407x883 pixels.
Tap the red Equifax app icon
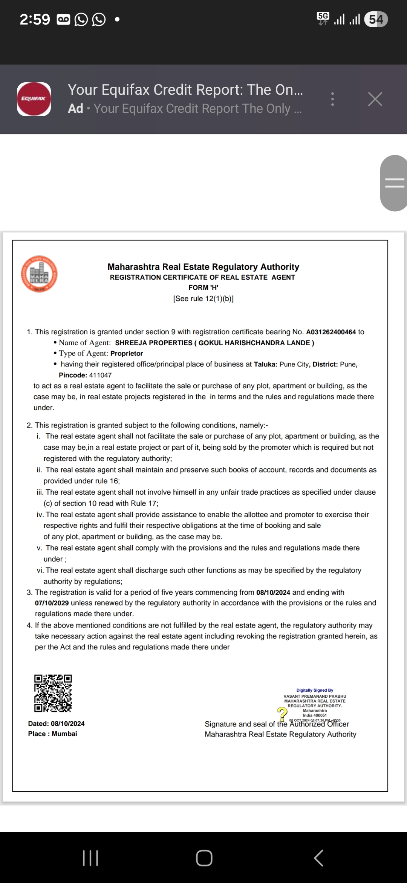click(34, 99)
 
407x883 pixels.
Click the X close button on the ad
click(375, 99)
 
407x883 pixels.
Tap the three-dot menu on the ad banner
click(332, 99)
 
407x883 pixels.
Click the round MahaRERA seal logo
click(39, 274)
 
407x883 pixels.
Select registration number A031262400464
click(331, 332)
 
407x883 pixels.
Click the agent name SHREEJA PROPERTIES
click(154, 343)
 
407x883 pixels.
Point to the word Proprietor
click(127, 354)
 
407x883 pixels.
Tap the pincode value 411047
click(100, 375)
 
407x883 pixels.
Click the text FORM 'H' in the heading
click(203, 288)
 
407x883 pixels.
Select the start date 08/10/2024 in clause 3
click(273, 592)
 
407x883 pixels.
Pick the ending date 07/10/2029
click(52, 603)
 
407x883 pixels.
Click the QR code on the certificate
click(53, 693)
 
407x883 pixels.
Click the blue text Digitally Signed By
click(315, 690)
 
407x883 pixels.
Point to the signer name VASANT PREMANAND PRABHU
click(315, 696)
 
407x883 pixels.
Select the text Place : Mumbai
click(52, 734)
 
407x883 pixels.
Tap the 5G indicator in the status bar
click(323, 17)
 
